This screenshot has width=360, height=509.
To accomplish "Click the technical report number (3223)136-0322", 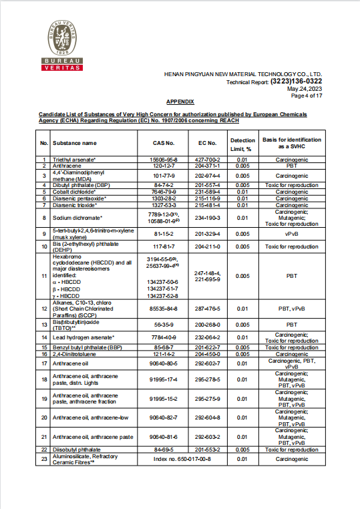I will (x=296, y=81).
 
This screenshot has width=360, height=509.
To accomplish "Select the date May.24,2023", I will (x=305, y=89).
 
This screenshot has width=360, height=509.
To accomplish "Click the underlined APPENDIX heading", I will (x=180, y=102).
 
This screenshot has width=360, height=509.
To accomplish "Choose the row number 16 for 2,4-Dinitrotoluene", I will (x=43, y=354).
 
